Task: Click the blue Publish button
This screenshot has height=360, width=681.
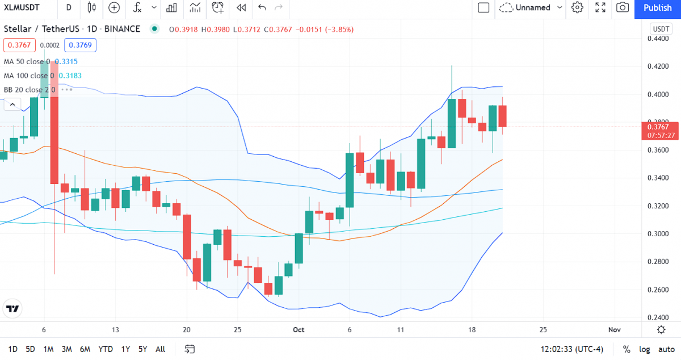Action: (x=658, y=7)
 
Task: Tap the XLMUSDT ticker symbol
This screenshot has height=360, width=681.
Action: (x=25, y=7)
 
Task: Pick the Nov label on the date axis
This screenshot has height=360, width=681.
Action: (x=614, y=329)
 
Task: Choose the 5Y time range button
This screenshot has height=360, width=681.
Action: (x=142, y=349)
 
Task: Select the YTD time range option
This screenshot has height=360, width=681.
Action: (x=105, y=349)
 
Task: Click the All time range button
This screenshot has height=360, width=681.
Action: (x=161, y=349)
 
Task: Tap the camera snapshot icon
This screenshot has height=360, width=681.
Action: (x=623, y=7)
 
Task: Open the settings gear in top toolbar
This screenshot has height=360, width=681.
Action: (x=577, y=7)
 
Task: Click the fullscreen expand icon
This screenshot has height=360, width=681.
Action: (x=600, y=7)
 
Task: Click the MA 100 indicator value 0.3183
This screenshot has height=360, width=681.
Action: (x=69, y=76)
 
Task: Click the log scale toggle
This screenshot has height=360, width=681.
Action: (x=645, y=349)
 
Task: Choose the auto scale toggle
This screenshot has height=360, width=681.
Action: (x=666, y=349)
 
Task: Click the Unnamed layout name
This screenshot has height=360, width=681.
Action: (x=533, y=7)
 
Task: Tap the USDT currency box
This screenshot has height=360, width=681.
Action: (x=661, y=29)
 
